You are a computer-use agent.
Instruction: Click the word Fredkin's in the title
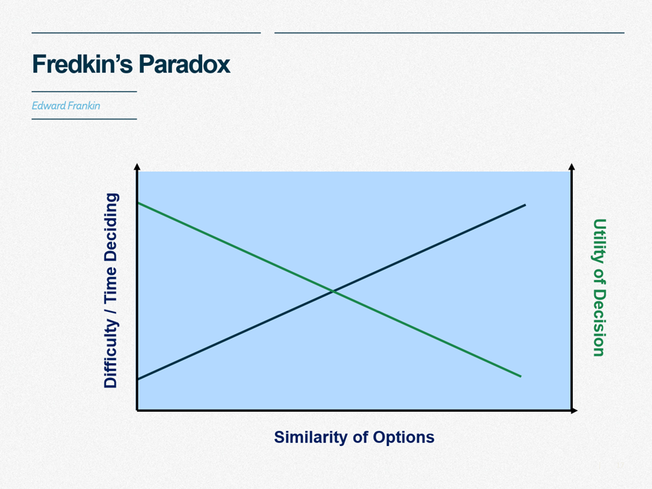82,64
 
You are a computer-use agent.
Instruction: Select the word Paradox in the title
184,64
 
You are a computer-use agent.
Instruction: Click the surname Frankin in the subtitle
84,106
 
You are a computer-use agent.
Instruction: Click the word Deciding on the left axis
110,227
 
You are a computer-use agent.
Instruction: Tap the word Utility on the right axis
599,241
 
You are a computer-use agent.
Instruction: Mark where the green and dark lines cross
333,291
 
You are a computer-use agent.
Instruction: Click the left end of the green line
138,203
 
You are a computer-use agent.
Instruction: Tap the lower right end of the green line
521,376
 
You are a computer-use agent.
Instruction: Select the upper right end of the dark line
525,204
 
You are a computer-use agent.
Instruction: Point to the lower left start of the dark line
138,379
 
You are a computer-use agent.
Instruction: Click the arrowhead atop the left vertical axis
137,167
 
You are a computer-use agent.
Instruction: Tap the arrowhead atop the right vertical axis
572,167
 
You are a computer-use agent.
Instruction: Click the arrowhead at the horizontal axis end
574,410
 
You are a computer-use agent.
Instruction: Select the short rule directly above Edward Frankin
84,91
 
